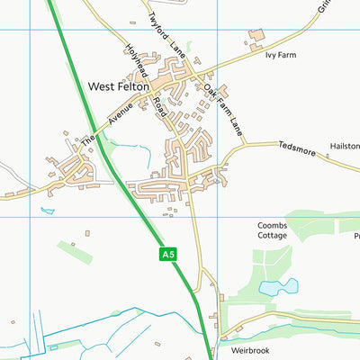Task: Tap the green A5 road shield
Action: [167, 255]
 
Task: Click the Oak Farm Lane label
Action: [224, 110]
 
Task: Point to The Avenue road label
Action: [101, 123]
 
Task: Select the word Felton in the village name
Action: [135, 87]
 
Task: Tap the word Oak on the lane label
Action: [209, 91]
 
